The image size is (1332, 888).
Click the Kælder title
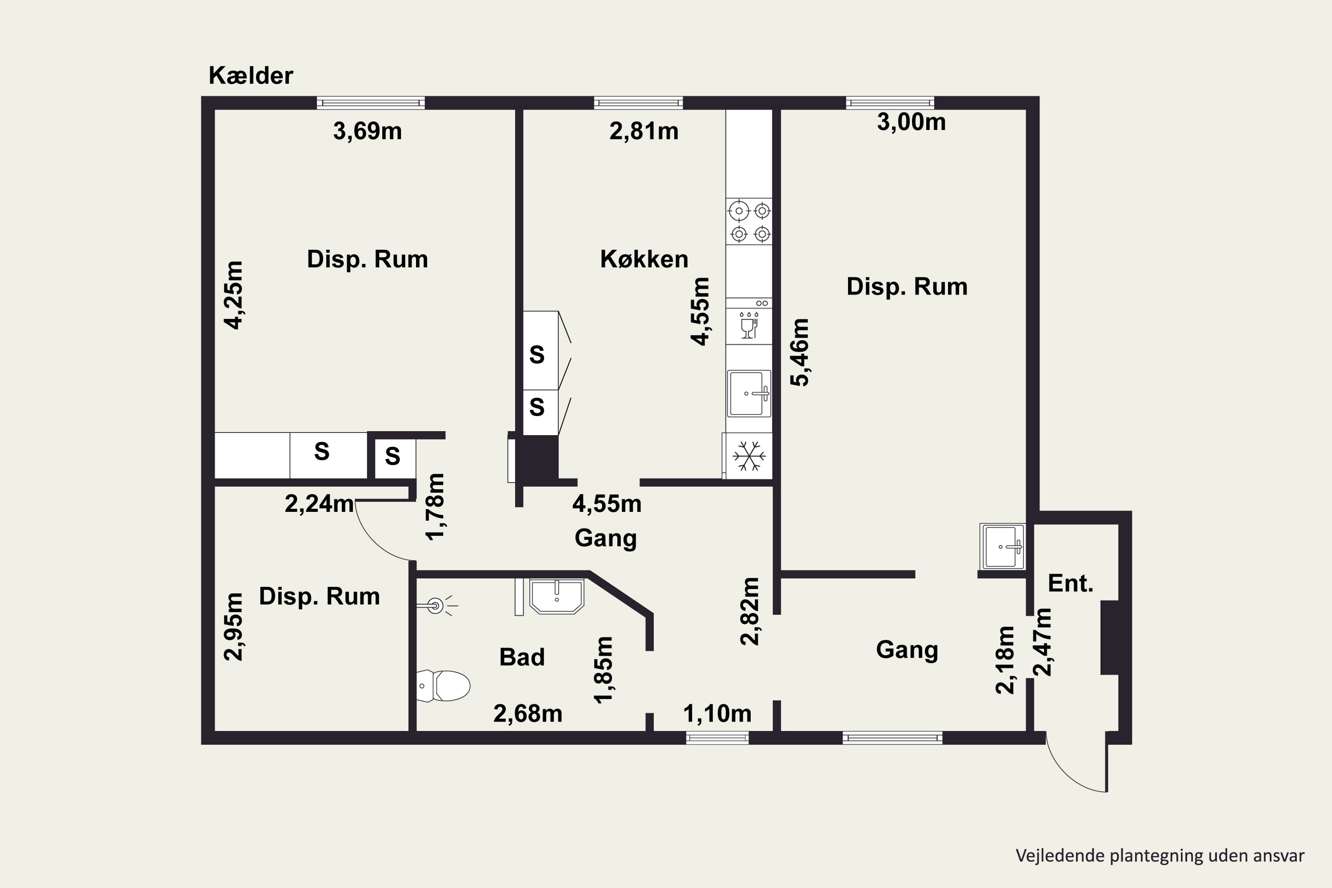coord(251,76)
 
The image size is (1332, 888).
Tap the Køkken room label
coord(644,259)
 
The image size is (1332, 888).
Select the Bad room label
coord(522,657)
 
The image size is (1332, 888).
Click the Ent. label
coord(1070,583)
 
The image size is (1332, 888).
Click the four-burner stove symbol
coord(749,222)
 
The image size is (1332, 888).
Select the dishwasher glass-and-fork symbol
coord(749,325)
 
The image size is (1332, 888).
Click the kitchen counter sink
coord(749,393)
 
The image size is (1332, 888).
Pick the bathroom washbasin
coord(557,596)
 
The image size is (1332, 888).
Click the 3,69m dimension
coord(368,131)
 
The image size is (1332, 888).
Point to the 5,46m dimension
coord(800,352)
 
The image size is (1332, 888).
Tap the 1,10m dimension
coord(717,714)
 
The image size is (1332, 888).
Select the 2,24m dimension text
coord(319,503)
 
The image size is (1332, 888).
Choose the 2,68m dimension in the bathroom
coord(528,714)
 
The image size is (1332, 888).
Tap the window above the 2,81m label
coord(638,103)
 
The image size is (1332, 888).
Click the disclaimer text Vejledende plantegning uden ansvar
coord(1160,855)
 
